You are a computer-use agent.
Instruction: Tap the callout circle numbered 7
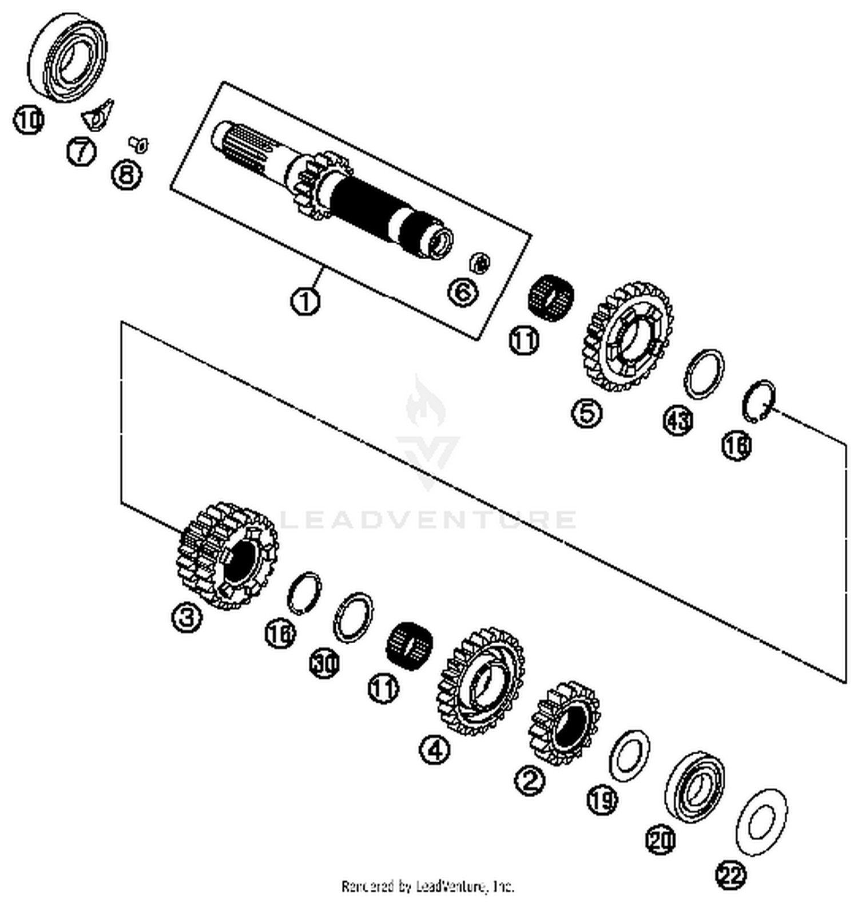click(x=81, y=152)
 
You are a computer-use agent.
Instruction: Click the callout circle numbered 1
click(x=305, y=301)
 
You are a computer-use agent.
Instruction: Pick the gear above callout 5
click(x=629, y=338)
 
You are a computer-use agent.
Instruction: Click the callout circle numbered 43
click(x=678, y=421)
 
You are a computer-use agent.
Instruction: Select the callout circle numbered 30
click(x=325, y=664)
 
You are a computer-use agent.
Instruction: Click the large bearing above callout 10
click(x=67, y=57)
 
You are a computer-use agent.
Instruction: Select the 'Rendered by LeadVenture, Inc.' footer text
click(x=428, y=886)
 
